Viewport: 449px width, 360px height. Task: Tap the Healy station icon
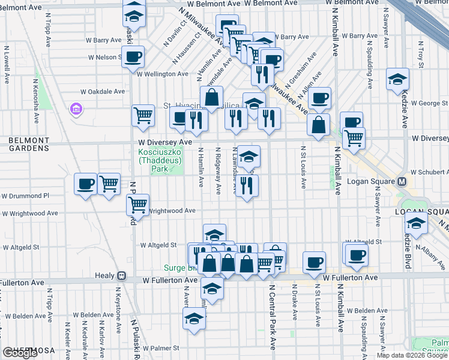(121, 276)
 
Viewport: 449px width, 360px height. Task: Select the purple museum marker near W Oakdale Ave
(76, 110)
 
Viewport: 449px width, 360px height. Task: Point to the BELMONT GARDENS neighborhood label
(28, 144)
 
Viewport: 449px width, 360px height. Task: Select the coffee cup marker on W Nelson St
(133, 57)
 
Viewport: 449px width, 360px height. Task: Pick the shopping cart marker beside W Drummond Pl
(109, 184)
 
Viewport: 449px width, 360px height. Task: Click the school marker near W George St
(397, 80)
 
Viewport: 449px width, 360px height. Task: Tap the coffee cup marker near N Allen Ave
(319, 98)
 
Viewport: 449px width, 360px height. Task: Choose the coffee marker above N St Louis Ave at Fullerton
(315, 262)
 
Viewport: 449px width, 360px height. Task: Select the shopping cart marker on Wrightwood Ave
(138, 205)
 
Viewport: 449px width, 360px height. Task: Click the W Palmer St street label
(161, 348)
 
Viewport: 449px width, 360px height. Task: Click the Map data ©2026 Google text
(411, 355)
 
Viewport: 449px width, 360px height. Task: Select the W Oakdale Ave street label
(103, 92)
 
